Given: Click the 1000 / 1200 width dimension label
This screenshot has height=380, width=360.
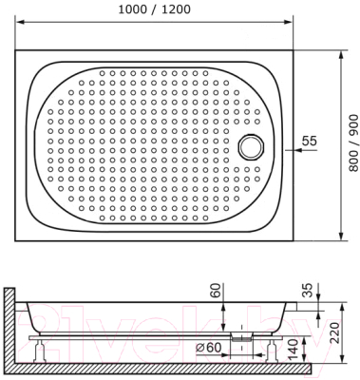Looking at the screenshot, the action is tap(154, 9).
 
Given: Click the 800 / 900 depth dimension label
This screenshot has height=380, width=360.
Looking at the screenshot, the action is tap(353, 143).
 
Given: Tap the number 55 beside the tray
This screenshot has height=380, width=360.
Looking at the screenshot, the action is tap(309, 141).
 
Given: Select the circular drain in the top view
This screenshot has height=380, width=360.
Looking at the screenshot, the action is tap(252, 146).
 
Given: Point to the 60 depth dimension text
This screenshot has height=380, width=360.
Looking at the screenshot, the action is tap(217, 290).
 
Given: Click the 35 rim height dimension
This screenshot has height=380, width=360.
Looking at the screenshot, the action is tap(308, 290).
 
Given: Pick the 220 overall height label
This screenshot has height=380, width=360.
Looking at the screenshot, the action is tap(334, 333).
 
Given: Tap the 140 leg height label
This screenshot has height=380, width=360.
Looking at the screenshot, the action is tap(294, 351).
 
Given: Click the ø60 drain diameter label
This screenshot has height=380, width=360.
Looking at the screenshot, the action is tap(208, 348).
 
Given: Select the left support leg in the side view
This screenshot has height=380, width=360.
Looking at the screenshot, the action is tap(40, 351).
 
